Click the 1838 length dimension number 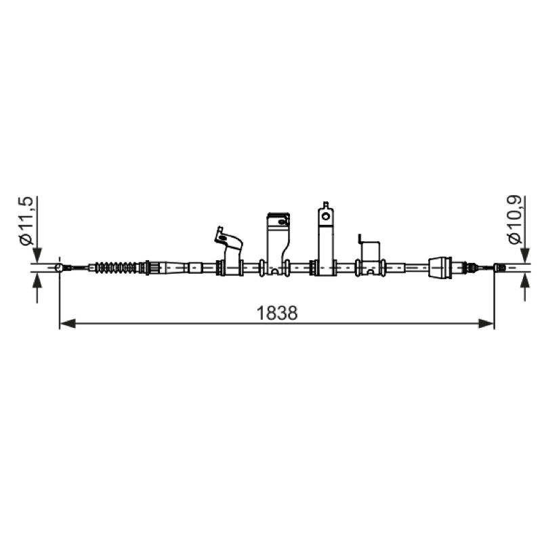(x=276, y=313)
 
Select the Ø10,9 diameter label (x=515, y=220)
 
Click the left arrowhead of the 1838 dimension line (x=67, y=324)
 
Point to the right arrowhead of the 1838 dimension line (x=486, y=324)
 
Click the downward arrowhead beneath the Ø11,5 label (x=38, y=255)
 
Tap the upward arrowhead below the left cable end (x=38, y=280)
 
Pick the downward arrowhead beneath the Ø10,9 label (x=526, y=255)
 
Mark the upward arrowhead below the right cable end (x=526, y=280)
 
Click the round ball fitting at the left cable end (x=60, y=268)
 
